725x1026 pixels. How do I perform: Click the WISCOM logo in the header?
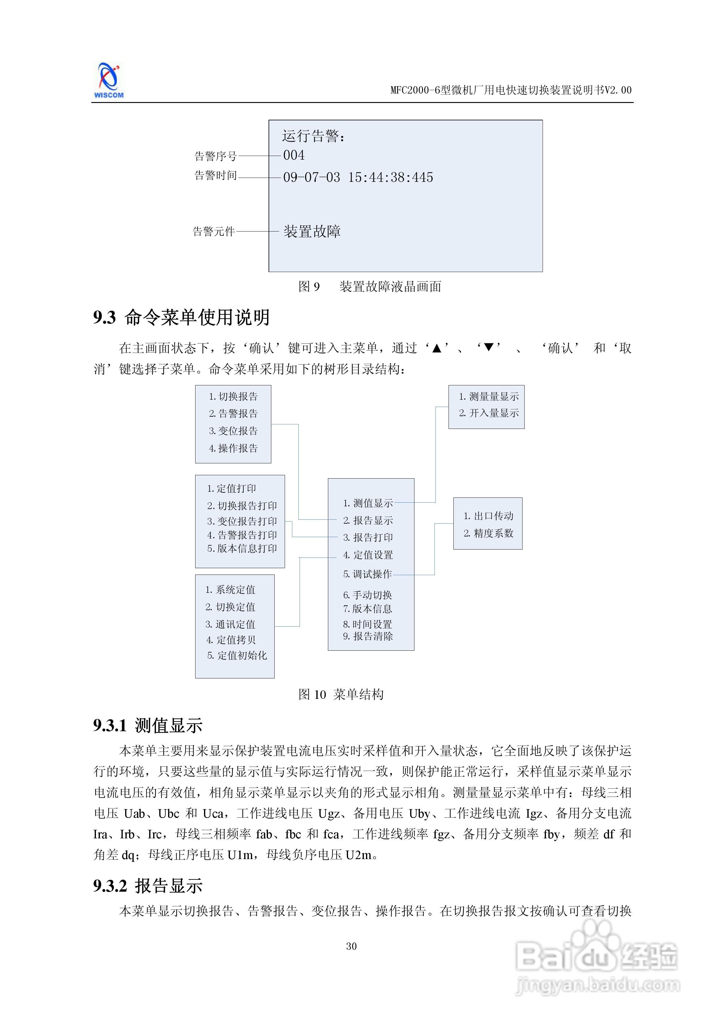[108, 80]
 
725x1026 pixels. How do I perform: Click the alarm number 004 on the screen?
[294, 155]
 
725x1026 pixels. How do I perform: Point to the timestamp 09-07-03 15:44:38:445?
[358, 177]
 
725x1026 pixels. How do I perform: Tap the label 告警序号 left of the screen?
[215, 156]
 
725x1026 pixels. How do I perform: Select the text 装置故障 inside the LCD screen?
[312, 232]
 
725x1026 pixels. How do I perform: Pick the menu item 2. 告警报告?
[233, 413]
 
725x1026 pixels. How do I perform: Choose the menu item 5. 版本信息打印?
[242, 548]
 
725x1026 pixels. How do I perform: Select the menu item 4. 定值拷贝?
[231, 640]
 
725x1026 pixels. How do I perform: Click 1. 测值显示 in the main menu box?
[368, 503]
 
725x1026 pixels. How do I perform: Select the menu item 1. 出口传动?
[488, 516]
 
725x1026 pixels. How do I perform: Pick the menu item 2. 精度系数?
[488, 533]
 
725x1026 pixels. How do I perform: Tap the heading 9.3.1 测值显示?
[148, 725]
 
